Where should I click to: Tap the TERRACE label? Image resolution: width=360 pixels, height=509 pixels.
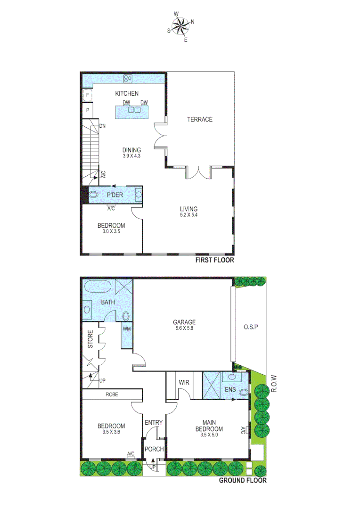pyautogui.click(x=200, y=119)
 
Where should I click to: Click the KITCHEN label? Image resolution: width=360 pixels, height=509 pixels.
pyautogui.click(x=127, y=93)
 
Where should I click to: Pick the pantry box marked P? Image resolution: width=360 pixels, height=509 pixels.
pyautogui.click(x=87, y=110)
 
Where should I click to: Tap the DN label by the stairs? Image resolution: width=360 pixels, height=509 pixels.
pyautogui.click(x=102, y=126)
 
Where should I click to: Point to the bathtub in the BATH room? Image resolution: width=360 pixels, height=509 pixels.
pyautogui.click(x=98, y=287)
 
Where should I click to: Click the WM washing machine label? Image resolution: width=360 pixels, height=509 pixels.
pyautogui.click(x=126, y=328)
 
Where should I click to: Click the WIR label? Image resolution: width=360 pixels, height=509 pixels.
pyautogui.click(x=184, y=382)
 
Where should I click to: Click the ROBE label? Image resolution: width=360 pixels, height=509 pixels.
pyautogui.click(x=112, y=394)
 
